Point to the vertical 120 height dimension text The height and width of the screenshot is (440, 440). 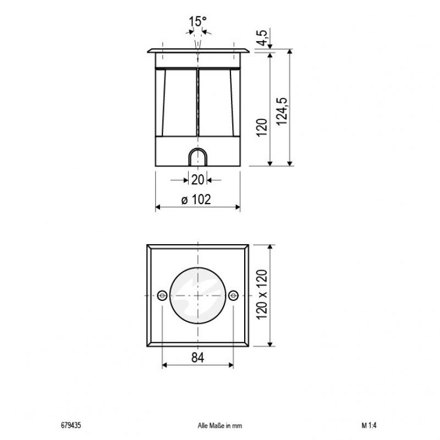262,127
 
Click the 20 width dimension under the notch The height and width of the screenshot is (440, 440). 197,179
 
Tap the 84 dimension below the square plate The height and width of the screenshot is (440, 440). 197,358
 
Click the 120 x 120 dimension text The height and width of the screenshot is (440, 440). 262,296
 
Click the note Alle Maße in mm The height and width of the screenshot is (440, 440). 219,425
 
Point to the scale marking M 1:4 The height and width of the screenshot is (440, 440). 369,425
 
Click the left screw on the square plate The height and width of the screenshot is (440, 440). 162,296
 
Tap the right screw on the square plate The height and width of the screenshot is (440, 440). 233,296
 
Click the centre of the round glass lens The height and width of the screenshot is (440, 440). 197,296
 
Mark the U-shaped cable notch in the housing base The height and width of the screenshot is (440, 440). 197,157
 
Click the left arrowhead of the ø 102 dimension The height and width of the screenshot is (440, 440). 158,207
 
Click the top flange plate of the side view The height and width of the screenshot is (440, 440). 197,52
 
